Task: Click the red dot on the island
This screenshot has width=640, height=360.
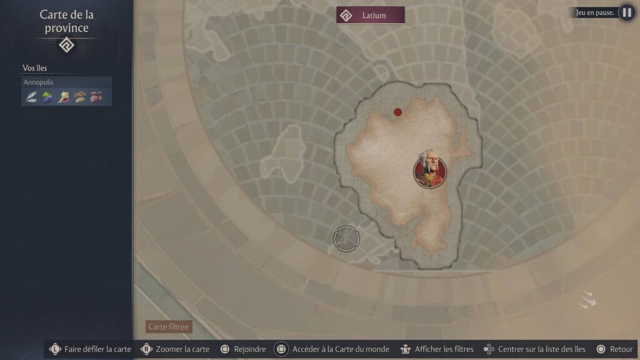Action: pos(397,112)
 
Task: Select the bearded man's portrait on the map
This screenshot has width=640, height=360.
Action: pos(427,170)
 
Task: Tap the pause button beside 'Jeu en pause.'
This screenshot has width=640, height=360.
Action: pos(626,12)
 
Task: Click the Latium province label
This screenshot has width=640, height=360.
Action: pos(371,15)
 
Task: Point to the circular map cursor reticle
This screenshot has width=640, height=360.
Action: pos(346,238)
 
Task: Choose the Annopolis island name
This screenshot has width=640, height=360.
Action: pos(39,82)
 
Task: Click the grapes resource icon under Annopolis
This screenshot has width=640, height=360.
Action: pos(47,97)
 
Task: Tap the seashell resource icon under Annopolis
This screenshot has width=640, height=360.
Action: pos(64,97)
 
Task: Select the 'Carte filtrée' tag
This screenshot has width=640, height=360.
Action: pos(168,327)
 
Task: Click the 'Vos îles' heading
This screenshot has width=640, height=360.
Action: pos(35,68)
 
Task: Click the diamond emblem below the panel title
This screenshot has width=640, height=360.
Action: pos(67,45)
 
